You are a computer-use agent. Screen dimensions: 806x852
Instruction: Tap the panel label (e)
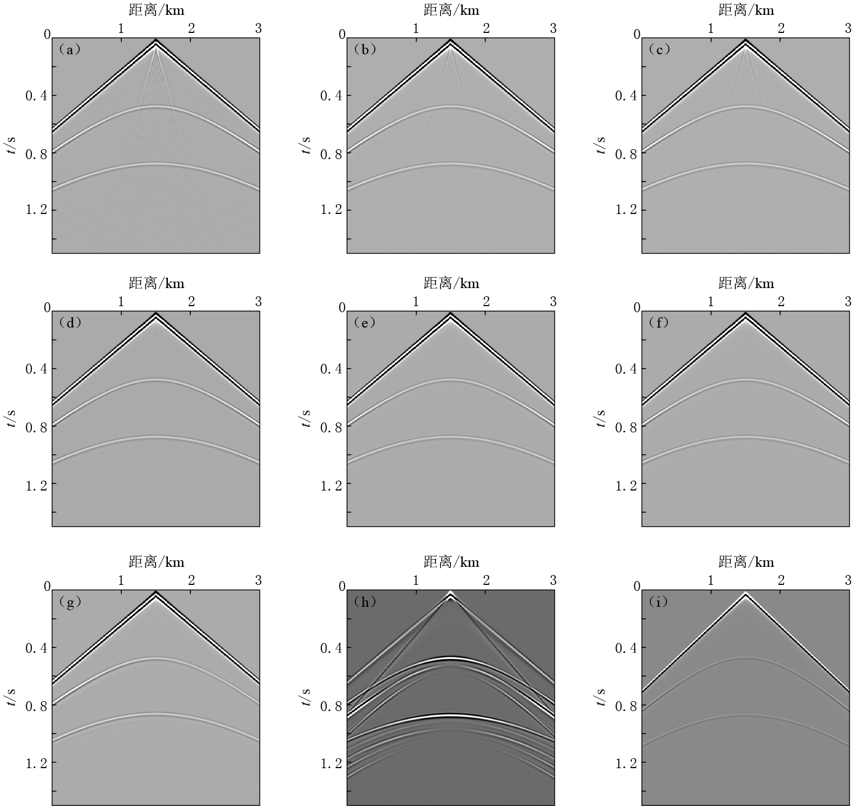[x=364, y=323]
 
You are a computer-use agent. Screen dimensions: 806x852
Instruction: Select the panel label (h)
[x=364, y=601]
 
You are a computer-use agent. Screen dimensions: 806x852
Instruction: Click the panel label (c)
[x=659, y=49]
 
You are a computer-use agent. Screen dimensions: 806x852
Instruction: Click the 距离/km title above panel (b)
[x=451, y=10]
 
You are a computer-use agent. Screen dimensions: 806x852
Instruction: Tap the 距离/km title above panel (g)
[x=156, y=562]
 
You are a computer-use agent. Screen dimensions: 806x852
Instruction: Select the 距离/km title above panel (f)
[x=746, y=283]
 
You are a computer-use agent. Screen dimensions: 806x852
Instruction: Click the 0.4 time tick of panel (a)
[x=37, y=95]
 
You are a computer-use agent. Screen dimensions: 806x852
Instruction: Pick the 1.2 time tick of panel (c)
[x=626, y=210]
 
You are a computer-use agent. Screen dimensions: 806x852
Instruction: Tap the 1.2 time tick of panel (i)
[x=626, y=763]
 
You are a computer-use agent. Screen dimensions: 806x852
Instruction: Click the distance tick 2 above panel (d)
[x=191, y=301]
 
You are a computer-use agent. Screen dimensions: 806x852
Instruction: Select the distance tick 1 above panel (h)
[x=416, y=580]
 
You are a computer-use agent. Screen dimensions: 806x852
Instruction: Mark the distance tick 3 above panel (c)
[x=848, y=28]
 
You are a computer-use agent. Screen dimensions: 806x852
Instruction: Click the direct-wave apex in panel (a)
[x=156, y=41]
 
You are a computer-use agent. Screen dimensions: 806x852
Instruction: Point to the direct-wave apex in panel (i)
[x=746, y=594]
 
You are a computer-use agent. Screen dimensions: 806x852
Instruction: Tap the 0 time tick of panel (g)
[x=47, y=587]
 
